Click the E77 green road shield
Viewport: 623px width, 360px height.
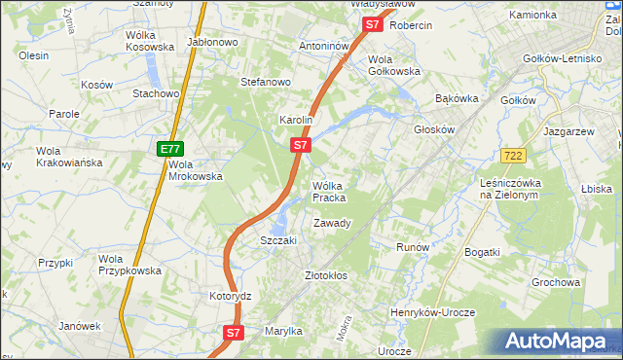(x=169, y=149)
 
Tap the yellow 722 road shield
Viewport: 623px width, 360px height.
(x=515, y=157)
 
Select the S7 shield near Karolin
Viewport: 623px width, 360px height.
(x=301, y=146)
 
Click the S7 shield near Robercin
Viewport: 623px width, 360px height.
(x=371, y=25)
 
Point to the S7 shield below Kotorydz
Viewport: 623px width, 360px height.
(x=233, y=333)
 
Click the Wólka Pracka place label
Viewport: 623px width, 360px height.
(x=329, y=192)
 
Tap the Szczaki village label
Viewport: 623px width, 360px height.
(x=277, y=240)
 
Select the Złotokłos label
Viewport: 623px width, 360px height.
(x=326, y=275)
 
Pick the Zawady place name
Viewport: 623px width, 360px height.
(x=332, y=223)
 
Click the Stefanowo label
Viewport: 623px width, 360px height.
(x=266, y=82)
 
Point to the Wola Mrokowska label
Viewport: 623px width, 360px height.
(x=196, y=170)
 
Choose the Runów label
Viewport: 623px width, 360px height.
(x=413, y=247)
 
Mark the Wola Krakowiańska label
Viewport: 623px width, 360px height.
(x=69, y=157)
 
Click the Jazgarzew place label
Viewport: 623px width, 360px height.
(x=569, y=130)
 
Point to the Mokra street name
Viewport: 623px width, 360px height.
(x=344, y=334)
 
